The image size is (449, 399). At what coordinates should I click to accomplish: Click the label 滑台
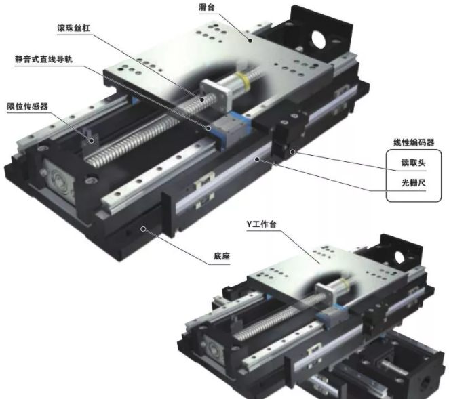coord(206,7)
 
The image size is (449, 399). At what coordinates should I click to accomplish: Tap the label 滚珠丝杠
coord(74,28)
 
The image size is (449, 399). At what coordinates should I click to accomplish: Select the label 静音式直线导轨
coord(43,59)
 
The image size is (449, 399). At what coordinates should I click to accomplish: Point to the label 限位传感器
coord(27,106)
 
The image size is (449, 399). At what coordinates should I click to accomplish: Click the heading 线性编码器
coord(414,142)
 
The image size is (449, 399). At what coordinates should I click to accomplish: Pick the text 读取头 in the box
coord(413,163)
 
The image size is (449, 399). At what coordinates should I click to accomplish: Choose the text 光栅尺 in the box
coord(413,182)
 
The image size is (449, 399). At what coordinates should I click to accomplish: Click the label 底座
coord(222,255)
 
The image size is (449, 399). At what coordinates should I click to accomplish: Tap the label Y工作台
coord(261,224)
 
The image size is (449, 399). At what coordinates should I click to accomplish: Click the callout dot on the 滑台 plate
coord(250,41)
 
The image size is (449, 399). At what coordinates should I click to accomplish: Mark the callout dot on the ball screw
coord(202,100)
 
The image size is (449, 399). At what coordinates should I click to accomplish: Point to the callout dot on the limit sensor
coord(92,140)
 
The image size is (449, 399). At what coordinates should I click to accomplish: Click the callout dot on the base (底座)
coord(143,228)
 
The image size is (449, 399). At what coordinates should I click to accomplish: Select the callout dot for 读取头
coord(292,152)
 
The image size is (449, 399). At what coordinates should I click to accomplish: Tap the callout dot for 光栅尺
coord(257,159)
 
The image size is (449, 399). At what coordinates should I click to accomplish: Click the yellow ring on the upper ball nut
coord(243,79)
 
